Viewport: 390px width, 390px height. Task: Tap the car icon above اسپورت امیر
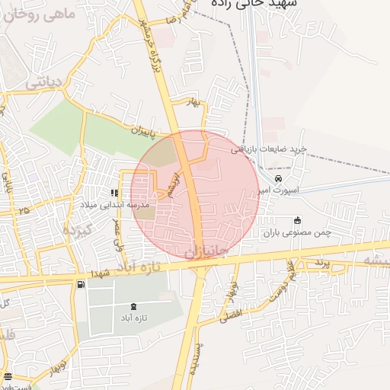[x=279, y=178]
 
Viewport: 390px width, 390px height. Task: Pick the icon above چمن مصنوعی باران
[x=297, y=220]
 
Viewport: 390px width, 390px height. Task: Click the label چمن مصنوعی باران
[x=304, y=232]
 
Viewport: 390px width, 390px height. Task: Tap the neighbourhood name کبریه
[x=77, y=229]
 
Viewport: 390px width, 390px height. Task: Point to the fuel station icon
[x=80, y=284]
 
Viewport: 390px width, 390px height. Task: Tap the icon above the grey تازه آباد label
[x=134, y=305]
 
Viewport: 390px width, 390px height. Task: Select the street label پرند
[x=321, y=263]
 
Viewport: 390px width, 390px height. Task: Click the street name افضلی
[x=231, y=312]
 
